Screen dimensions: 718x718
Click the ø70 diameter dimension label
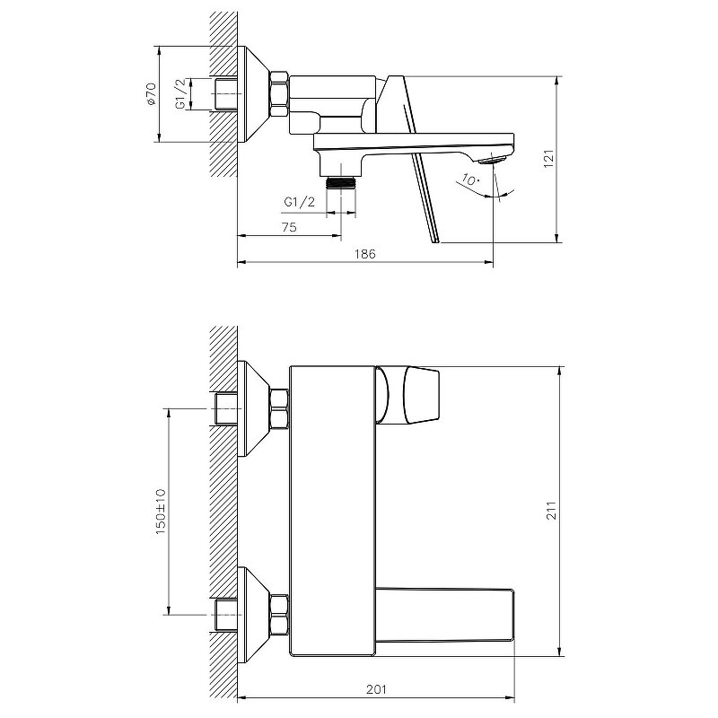click(x=152, y=94)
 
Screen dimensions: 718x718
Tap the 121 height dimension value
click(x=549, y=159)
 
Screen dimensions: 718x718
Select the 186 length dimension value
click(x=365, y=254)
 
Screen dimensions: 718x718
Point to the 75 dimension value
click(x=289, y=227)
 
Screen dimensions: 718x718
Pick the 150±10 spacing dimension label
click(x=161, y=512)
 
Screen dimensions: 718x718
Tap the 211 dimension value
click(x=552, y=510)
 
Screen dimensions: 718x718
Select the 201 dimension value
click(x=376, y=689)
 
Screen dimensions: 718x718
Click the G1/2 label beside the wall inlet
click(x=181, y=94)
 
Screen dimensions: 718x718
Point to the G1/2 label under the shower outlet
click(x=300, y=201)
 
